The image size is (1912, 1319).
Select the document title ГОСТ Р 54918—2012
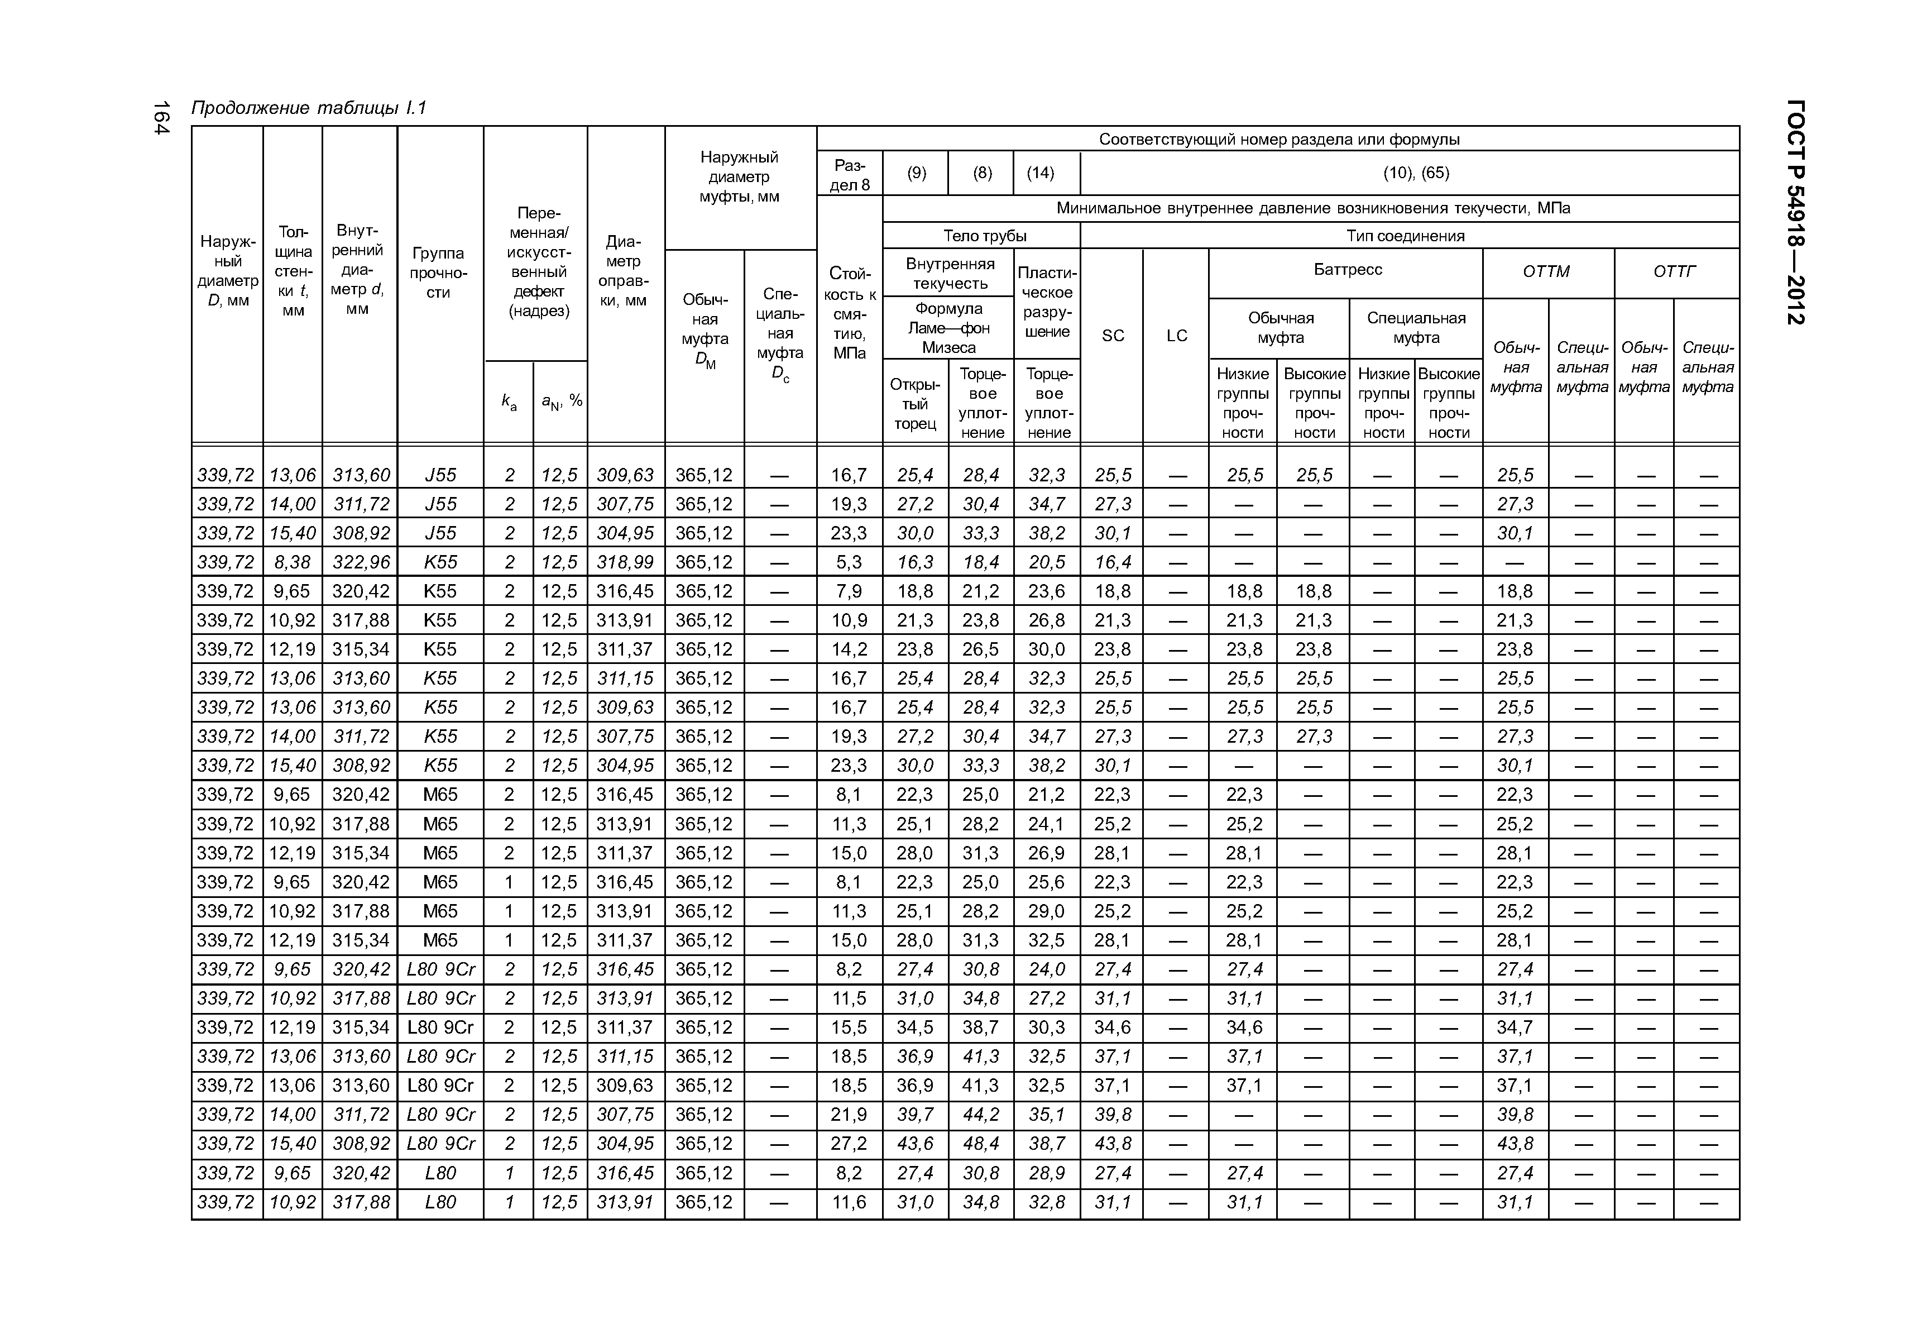[1795, 212]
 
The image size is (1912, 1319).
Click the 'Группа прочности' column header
[439, 273]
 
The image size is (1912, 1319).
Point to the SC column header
[1112, 336]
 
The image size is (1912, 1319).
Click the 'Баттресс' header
[1347, 269]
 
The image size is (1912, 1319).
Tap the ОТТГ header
[1674, 271]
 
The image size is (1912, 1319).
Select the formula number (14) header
[1040, 173]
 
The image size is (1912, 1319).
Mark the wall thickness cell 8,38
[293, 562]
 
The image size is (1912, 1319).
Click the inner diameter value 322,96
[360, 562]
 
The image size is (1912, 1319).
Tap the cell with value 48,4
[981, 1144]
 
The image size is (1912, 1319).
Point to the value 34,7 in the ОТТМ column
[1515, 1028]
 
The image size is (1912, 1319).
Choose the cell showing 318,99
[625, 562]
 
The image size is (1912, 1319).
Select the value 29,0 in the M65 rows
[1046, 911]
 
